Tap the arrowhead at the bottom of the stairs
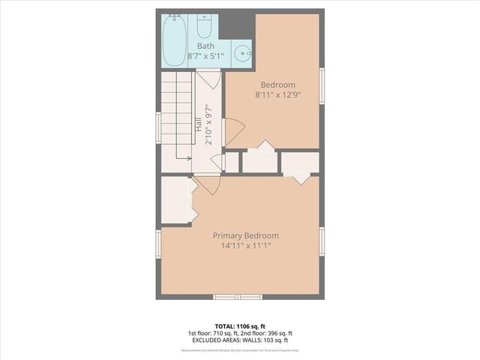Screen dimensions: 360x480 pyautogui.click(x=187, y=157)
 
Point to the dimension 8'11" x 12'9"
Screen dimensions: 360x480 pyautogui.click(x=277, y=95)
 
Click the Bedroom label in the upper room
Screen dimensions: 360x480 pyautogui.click(x=277, y=85)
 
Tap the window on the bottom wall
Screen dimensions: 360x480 pyautogui.click(x=238, y=297)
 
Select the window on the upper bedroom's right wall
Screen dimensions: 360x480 pyautogui.click(x=321, y=84)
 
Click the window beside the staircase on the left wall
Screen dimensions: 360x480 pyautogui.click(x=158, y=126)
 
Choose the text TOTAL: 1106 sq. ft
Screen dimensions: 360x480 pyautogui.click(x=240, y=326)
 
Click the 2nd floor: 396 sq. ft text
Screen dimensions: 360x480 pyautogui.click(x=267, y=334)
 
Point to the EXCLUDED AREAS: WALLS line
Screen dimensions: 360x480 pyautogui.click(x=240, y=341)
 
